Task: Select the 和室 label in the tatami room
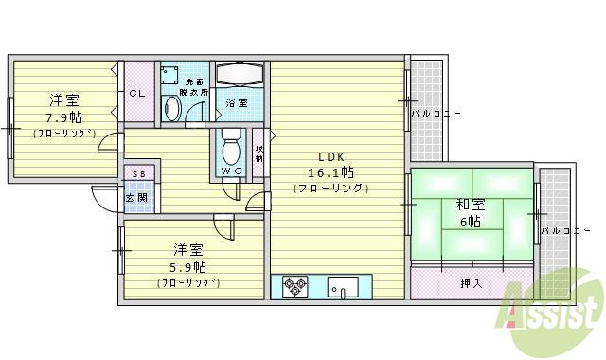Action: coord(470,204)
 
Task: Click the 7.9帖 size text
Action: coord(63,117)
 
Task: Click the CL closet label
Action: coord(137,93)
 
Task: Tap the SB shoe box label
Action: coord(138,175)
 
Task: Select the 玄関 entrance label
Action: coord(137,198)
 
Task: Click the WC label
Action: coord(231,171)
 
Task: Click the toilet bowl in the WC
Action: coord(230,147)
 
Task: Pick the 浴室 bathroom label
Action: coord(237,102)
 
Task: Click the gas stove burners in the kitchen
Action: coord(294,286)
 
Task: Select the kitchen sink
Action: coord(342,286)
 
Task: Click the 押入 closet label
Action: coord(471,282)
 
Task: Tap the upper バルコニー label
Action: coord(435,114)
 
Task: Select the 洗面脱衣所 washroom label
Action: coord(194,87)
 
